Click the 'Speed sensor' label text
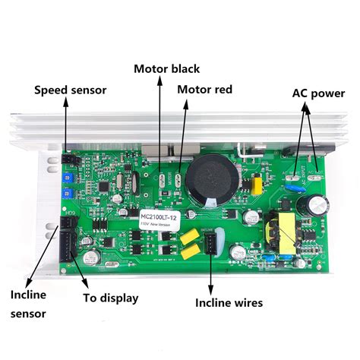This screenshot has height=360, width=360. click(70, 90)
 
